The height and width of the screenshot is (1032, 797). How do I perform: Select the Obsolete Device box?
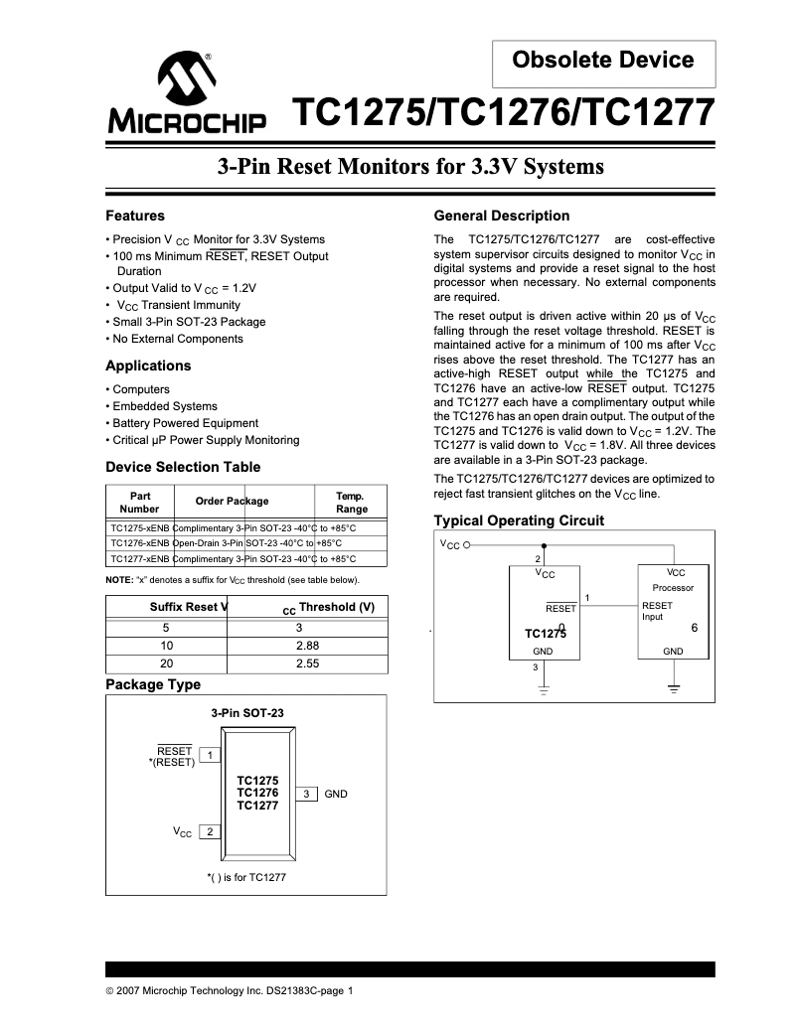pyautogui.click(x=603, y=61)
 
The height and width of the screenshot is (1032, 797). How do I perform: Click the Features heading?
pyautogui.click(x=135, y=216)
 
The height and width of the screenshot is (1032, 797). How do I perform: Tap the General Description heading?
pyautogui.click(x=502, y=216)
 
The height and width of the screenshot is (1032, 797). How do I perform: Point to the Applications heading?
pyautogui.click(x=148, y=366)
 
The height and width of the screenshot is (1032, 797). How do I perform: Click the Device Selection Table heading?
pyautogui.click(x=183, y=467)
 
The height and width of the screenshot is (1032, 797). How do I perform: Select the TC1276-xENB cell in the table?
pyautogui.click(x=139, y=543)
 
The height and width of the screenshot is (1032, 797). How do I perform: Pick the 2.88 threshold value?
pyautogui.click(x=307, y=646)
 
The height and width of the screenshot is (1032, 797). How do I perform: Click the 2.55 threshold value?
pyautogui.click(x=307, y=663)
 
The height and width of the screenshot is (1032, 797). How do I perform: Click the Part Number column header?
pyautogui.click(x=139, y=502)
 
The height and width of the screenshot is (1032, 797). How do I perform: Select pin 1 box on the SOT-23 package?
pyautogui.click(x=211, y=756)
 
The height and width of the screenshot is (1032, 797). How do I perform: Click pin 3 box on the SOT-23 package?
pyautogui.click(x=307, y=794)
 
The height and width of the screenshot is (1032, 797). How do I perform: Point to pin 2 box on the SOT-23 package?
pyautogui.click(x=210, y=831)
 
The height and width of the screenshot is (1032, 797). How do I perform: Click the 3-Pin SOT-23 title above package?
pyautogui.click(x=246, y=713)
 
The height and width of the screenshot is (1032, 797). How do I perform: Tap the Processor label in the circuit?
pyautogui.click(x=673, y=588)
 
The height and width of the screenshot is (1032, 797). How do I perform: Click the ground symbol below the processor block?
pyautogui.click(x=674, y=687)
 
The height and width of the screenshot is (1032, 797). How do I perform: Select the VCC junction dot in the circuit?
pyautogui.click(x=543, y=545)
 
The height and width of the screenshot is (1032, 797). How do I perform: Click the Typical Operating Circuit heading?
pyautogui.click(x=519, y=520)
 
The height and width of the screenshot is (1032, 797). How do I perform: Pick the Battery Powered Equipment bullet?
pyautogui.click(x=185, y=423)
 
